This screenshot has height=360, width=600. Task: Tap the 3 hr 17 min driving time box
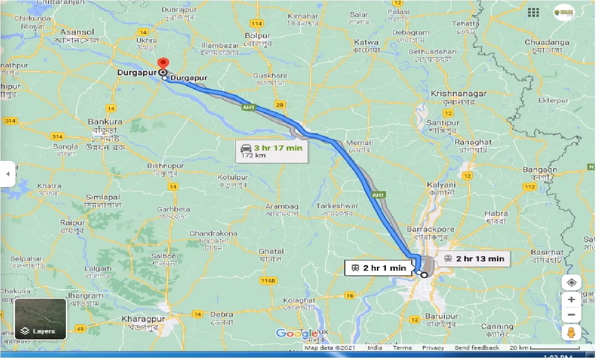(x=271, y=151)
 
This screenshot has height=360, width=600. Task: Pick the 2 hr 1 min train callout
(x=379, y=268)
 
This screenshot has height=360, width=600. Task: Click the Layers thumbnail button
(x=40, y=318)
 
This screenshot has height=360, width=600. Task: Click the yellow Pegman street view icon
(x=571, y=332)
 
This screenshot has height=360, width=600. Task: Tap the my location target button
(x=571, y=283)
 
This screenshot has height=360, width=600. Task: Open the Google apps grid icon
(x=533, y=12)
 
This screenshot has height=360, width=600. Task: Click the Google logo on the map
(x=296, y=333)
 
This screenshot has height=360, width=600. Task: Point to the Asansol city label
(x=77, y=32)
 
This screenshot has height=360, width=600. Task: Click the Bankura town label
(x=105, y=122)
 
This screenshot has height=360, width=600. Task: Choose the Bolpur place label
(x=257, y=36)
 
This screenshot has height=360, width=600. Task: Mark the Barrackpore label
(x=430, y=229)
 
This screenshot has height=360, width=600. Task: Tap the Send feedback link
(x=477, y=348)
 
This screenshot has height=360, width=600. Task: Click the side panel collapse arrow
(x=7, y=174)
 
